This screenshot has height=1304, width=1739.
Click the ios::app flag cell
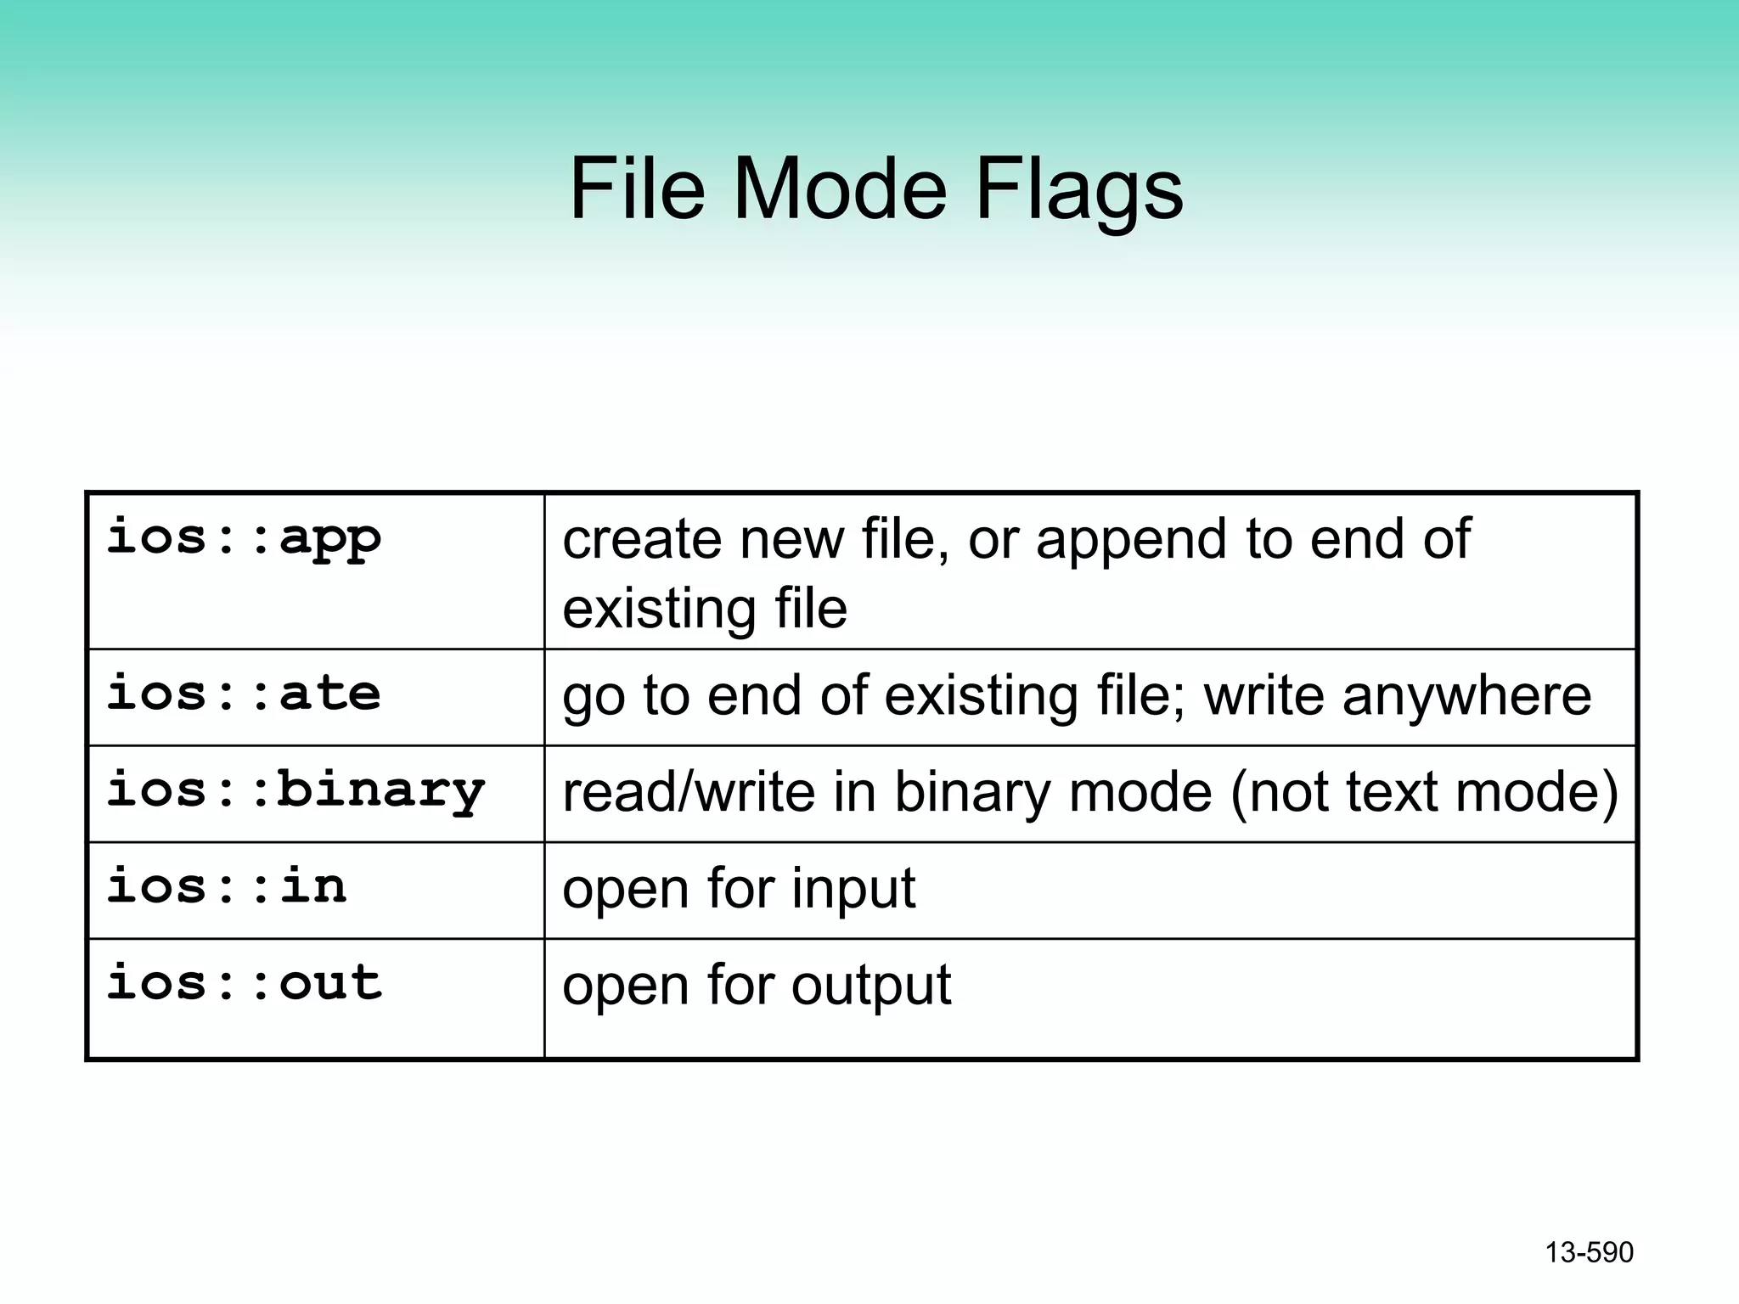244,538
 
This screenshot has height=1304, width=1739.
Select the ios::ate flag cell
244,694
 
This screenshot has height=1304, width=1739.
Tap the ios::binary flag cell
295,790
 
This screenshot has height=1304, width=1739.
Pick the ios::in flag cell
227,886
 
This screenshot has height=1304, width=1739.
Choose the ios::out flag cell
245,983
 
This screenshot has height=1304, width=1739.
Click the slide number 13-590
1589,1252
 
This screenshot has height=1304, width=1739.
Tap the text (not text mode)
1423,792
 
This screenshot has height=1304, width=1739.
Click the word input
853,890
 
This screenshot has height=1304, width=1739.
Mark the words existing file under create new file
705,610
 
